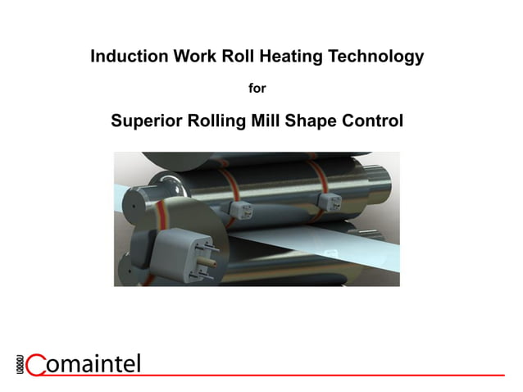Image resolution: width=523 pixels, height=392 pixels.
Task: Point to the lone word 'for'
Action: [x=257, y=88]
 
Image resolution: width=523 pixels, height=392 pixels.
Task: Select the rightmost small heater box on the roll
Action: [x=330, y=200]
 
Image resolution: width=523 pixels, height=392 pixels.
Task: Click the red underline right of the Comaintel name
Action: [x=328, y=374]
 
